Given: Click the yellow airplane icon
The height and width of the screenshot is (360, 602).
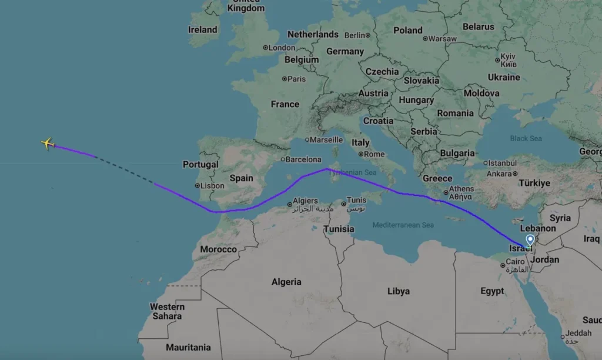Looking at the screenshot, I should coord(48,144).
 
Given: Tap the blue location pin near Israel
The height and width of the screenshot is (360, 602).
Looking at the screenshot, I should coord(530,239).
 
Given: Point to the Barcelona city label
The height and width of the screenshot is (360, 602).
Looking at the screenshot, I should coord(303,159).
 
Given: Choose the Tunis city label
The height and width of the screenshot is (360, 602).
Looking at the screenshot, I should coord(356,201).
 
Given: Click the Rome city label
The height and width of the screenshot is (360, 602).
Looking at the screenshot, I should coord(374,154).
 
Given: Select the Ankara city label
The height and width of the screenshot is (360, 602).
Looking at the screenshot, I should coord(499,174).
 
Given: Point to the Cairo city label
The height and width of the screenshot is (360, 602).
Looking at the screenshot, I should coord(515,261).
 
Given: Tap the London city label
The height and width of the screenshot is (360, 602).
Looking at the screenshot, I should coord(282,48).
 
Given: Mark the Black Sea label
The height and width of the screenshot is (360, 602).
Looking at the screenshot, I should coord(526,139).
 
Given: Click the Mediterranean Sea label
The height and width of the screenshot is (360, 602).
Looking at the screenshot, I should coord(403,225).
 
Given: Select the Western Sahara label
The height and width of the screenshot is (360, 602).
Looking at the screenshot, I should coord(167,311).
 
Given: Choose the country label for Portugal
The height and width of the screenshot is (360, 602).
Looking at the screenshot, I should coord(200,165).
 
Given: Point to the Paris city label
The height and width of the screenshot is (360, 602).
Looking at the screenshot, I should coord(296,79).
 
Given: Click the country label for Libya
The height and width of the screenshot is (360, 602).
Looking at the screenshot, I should coord(399,291).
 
